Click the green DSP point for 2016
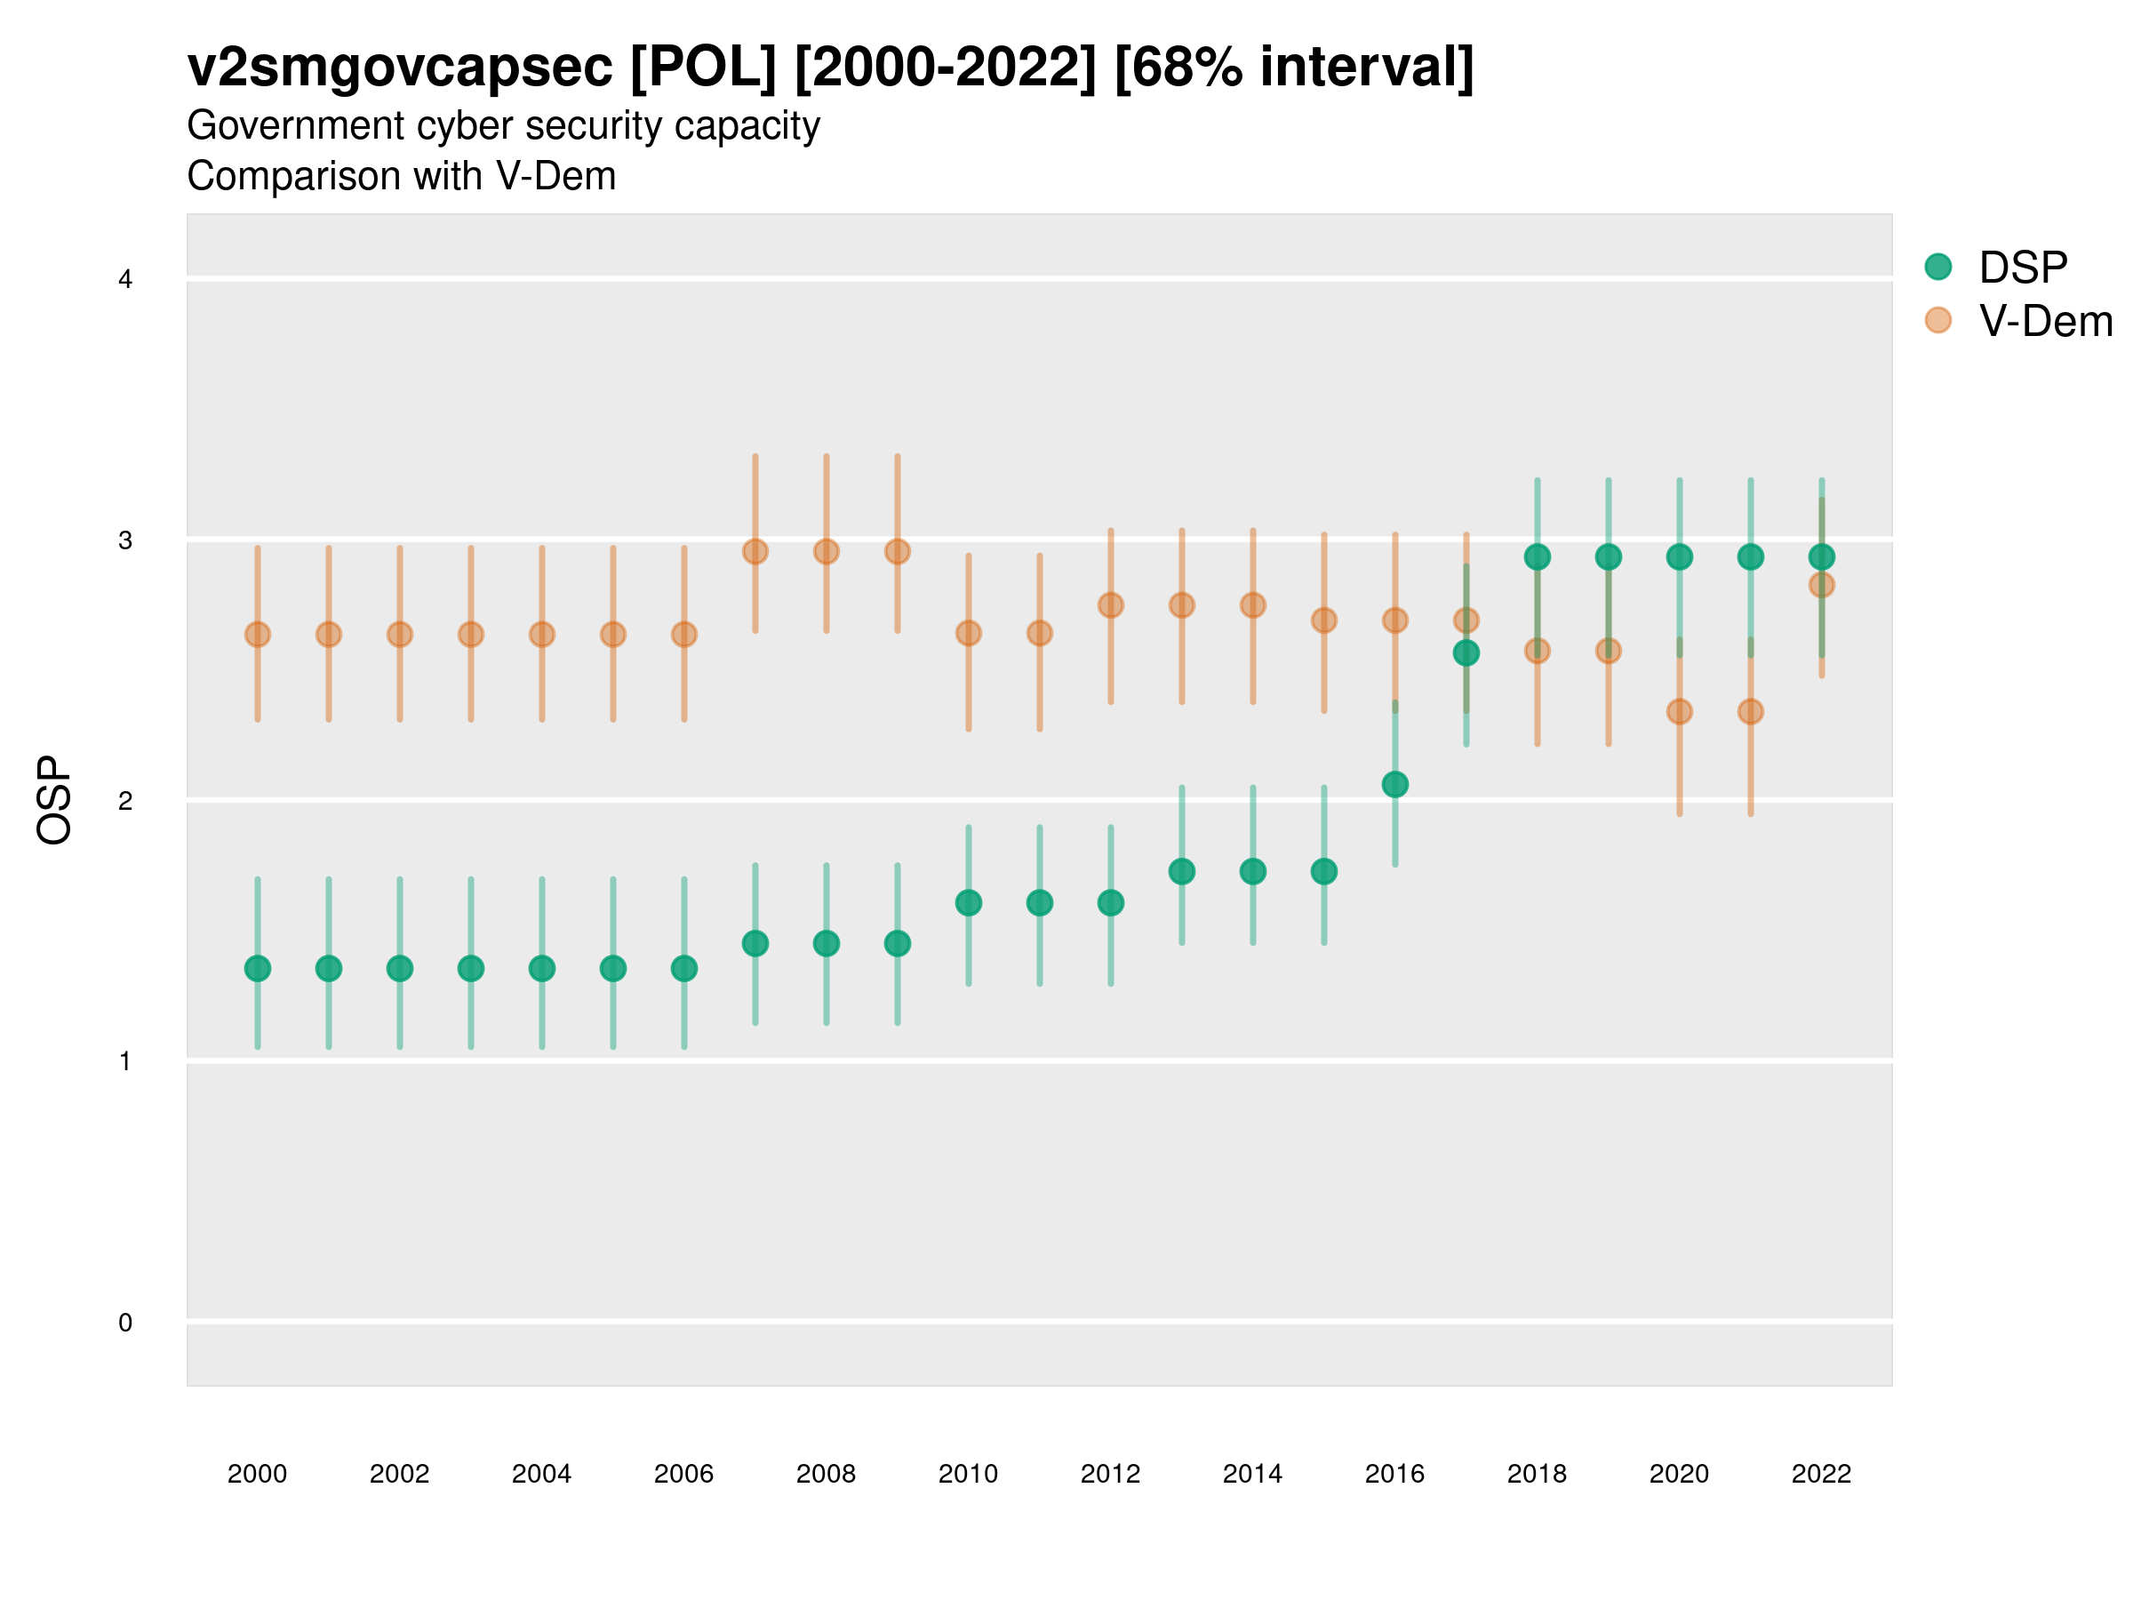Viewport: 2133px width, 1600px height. click(1394, 784)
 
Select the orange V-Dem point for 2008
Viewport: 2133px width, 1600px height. click(827, 552)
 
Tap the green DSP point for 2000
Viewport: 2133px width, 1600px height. click(258, 968)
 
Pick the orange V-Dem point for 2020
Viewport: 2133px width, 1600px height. click(1679, 712)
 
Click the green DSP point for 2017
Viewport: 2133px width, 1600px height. click(1466, 653)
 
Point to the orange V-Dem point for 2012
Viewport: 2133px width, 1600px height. click(1111, 604)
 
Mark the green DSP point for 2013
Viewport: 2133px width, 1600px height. click(1181, 872)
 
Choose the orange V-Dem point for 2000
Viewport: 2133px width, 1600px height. click(258, 635)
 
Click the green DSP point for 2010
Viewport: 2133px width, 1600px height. click(968, 903)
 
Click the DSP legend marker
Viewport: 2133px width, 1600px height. click(1937, 268)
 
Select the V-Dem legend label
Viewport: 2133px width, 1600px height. click(2045, 321)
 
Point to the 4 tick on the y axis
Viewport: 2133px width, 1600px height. click(125, 280)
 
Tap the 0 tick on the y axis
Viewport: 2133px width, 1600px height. click(125, 1323)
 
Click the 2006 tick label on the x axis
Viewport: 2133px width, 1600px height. click(683, 1474)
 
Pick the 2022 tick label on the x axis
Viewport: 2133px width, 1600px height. click(1820, 1474)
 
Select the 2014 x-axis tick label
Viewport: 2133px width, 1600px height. click(1251, 1474)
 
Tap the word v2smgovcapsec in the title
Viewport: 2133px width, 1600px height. click(399, 68)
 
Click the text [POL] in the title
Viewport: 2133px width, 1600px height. click(702, 68)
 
